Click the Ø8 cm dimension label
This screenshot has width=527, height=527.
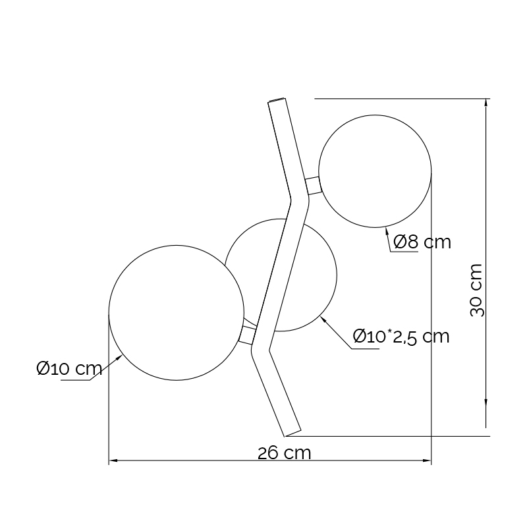[x=422, y=242]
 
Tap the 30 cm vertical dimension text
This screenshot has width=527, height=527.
[x=476, y=291]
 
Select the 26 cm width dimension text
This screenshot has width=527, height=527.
[x=285, y=453]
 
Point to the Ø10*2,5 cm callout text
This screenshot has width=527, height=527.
[x=401, y=337]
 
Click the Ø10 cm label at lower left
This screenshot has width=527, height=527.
[x=69, y=368]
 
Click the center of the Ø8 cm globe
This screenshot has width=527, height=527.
[x=375, y=171]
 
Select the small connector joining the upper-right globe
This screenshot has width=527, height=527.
[x=314, y=186]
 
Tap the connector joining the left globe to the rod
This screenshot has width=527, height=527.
[x=248, y=335]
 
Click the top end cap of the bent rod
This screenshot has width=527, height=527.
[x=277, y=100]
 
